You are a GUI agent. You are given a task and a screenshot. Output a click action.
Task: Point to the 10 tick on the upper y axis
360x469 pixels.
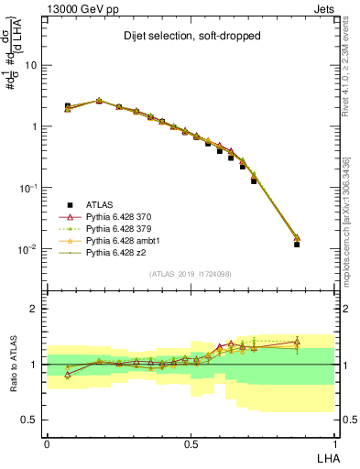click(x=30, y=66)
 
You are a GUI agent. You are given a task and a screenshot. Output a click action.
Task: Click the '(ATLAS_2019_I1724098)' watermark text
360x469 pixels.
click(x=191, y=274)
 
